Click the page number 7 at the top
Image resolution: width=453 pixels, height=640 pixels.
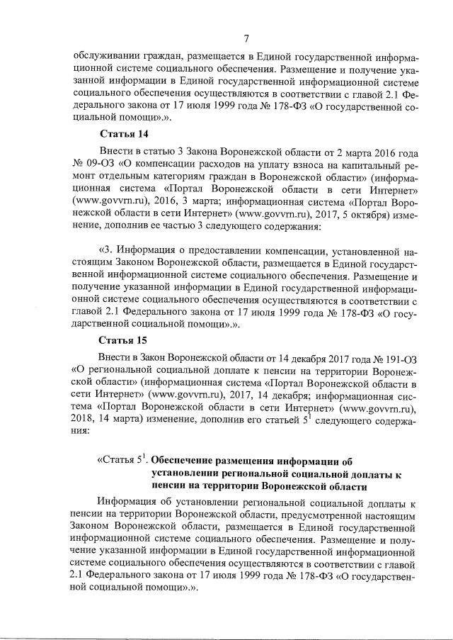(243, 38)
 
